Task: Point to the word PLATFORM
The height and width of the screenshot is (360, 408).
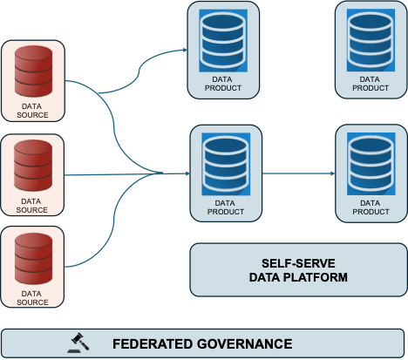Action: pyautogui.click(x=321, y=278)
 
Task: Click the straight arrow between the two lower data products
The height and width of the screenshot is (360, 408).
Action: pyautogui.click(x=296, y=173)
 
